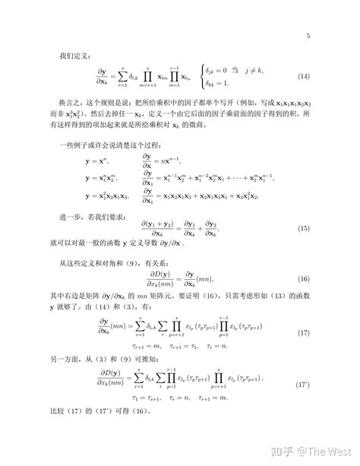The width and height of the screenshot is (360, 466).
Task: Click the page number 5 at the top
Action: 308,36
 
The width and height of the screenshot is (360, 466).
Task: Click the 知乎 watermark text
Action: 286,450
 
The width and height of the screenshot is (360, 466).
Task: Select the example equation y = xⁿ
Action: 96,161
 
